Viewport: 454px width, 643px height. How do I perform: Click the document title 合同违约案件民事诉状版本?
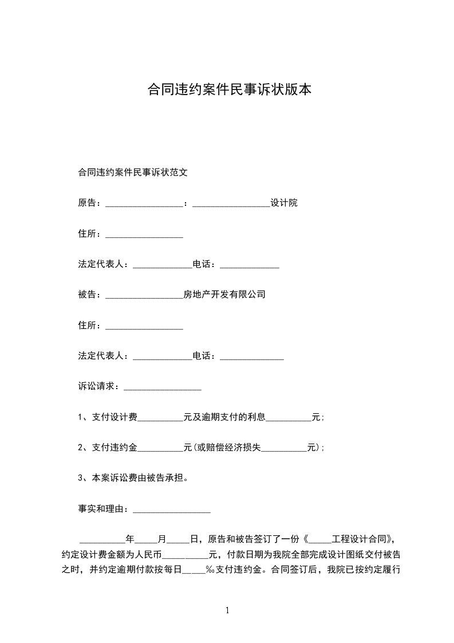pos(230,90)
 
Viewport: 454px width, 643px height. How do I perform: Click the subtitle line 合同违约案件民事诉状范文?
pos(133,171)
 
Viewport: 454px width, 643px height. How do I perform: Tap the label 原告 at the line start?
pos(87,203)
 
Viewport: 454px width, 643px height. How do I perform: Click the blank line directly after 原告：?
pos(144,204)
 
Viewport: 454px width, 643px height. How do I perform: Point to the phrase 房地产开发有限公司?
pos(224,295)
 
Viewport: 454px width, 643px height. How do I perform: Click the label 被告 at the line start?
pos(87,295)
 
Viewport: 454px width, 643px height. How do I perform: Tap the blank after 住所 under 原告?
pos(144,235)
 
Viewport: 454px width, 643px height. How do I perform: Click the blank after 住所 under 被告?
pos(144,327)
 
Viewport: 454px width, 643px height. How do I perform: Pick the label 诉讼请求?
pos(96,386)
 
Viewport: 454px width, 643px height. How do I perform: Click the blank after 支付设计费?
pos(160,418)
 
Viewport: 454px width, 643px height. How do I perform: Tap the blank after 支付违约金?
pos(160,449)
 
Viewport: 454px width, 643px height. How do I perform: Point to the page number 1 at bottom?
pos(227,610)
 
